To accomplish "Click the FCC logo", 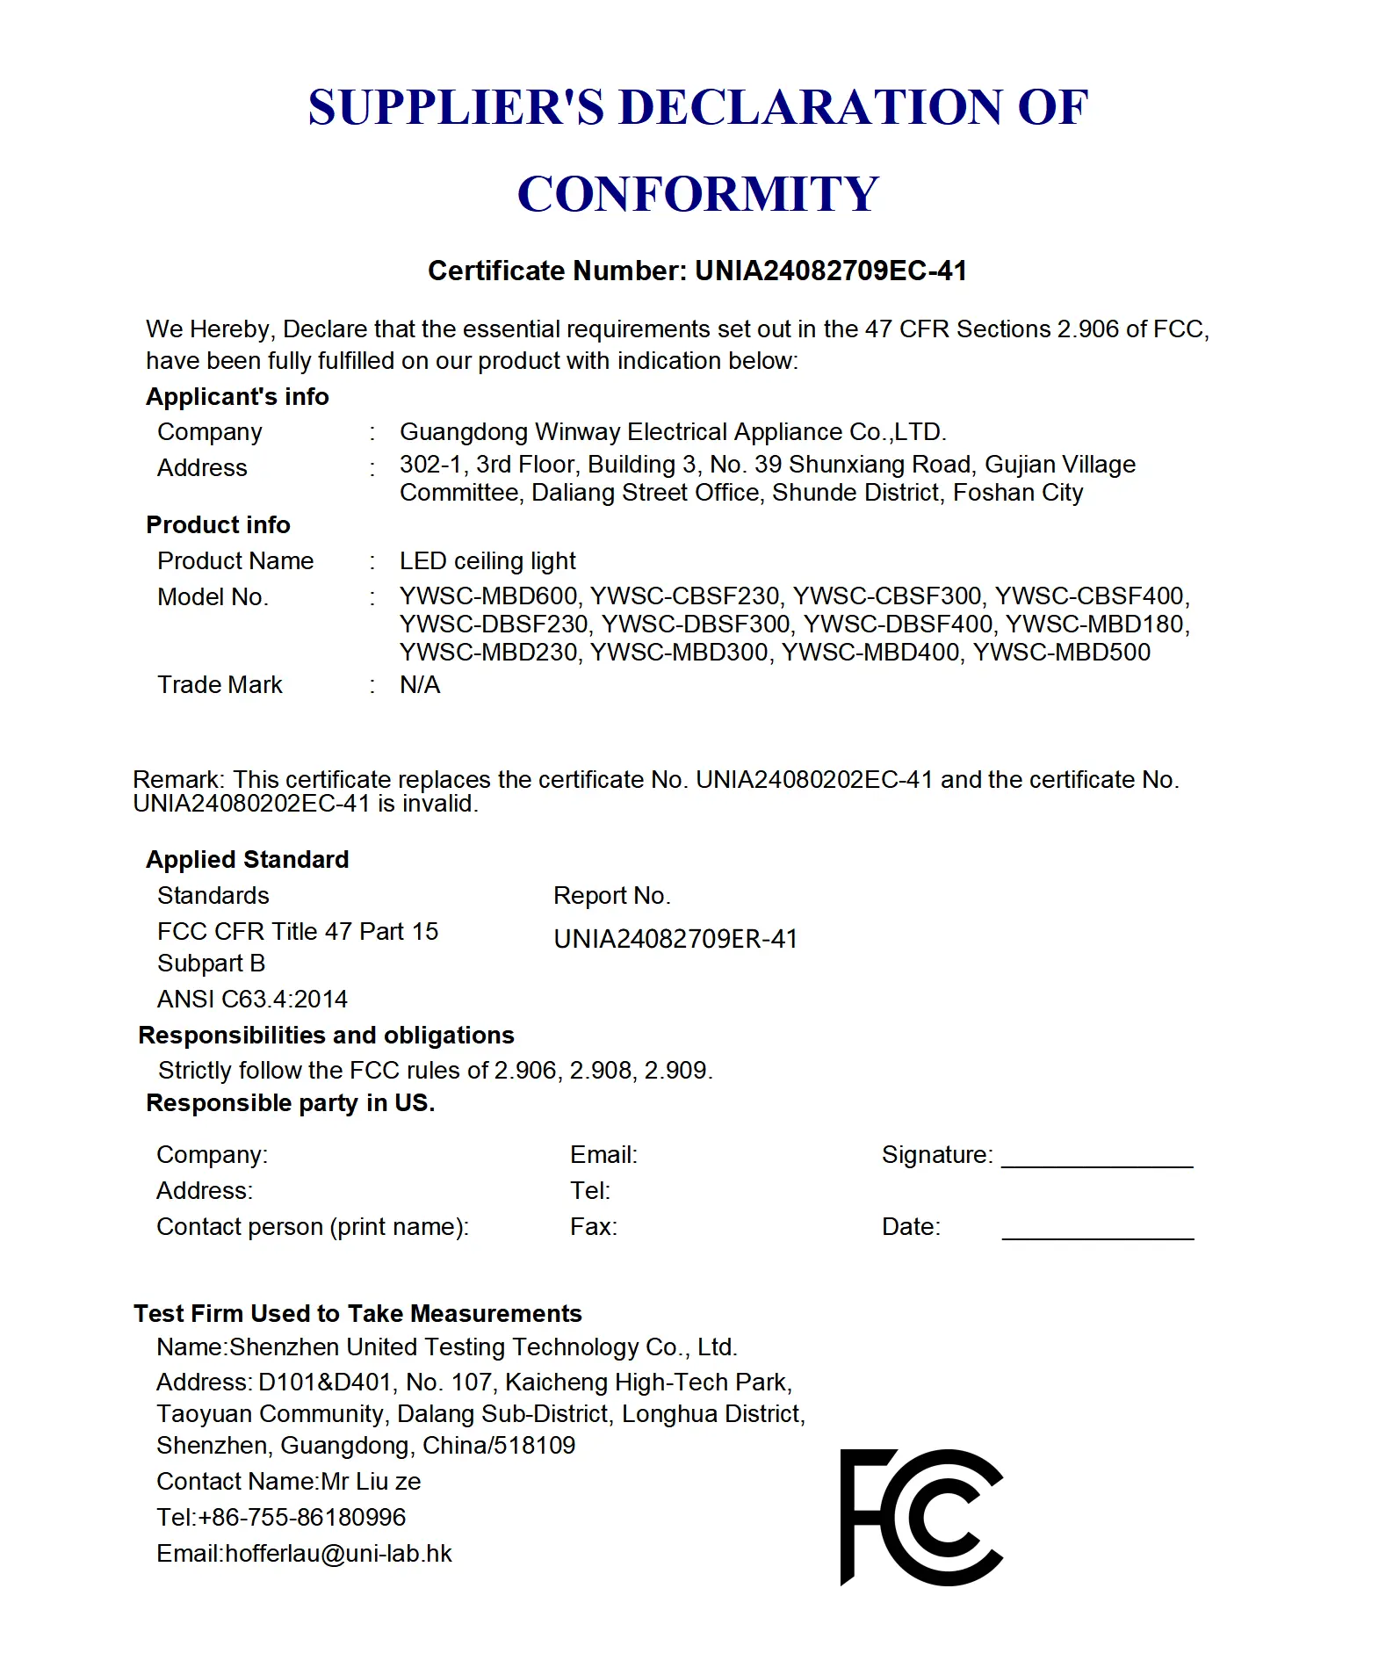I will [x=920, y=1517].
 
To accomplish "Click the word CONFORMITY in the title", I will [x=697, y=194].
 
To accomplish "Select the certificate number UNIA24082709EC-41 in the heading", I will [x=830, y=271].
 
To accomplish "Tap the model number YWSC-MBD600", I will [x=488, y=596].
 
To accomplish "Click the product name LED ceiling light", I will [x=487, y=561].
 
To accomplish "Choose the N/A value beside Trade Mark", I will [x=420, y=685].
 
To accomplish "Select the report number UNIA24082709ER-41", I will [x=675, y=939].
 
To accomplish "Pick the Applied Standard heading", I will [x=247, y=860].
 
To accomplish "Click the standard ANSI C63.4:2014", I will [x=252, y=1000].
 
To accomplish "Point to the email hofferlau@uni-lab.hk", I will [x=338, y=1554].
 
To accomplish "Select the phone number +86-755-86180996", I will [x=302, y=1518].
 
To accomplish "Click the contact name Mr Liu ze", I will [x=371, y=1482].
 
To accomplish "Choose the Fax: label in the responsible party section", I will [x=594, y=1227].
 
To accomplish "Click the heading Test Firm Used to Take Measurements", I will [x=357, y=1314].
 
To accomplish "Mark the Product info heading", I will [x=218, y=525].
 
